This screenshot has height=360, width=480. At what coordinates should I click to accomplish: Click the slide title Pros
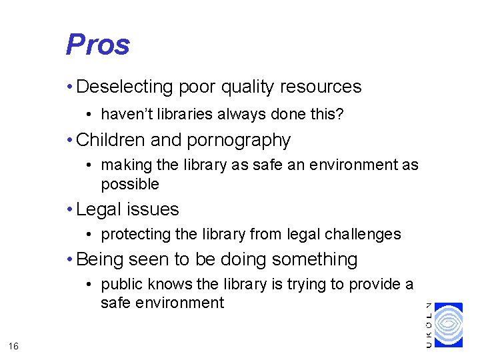97,45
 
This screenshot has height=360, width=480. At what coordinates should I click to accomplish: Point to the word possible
130,184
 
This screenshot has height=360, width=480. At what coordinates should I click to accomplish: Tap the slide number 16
14,345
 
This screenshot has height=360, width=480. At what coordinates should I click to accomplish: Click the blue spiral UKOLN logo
448,325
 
